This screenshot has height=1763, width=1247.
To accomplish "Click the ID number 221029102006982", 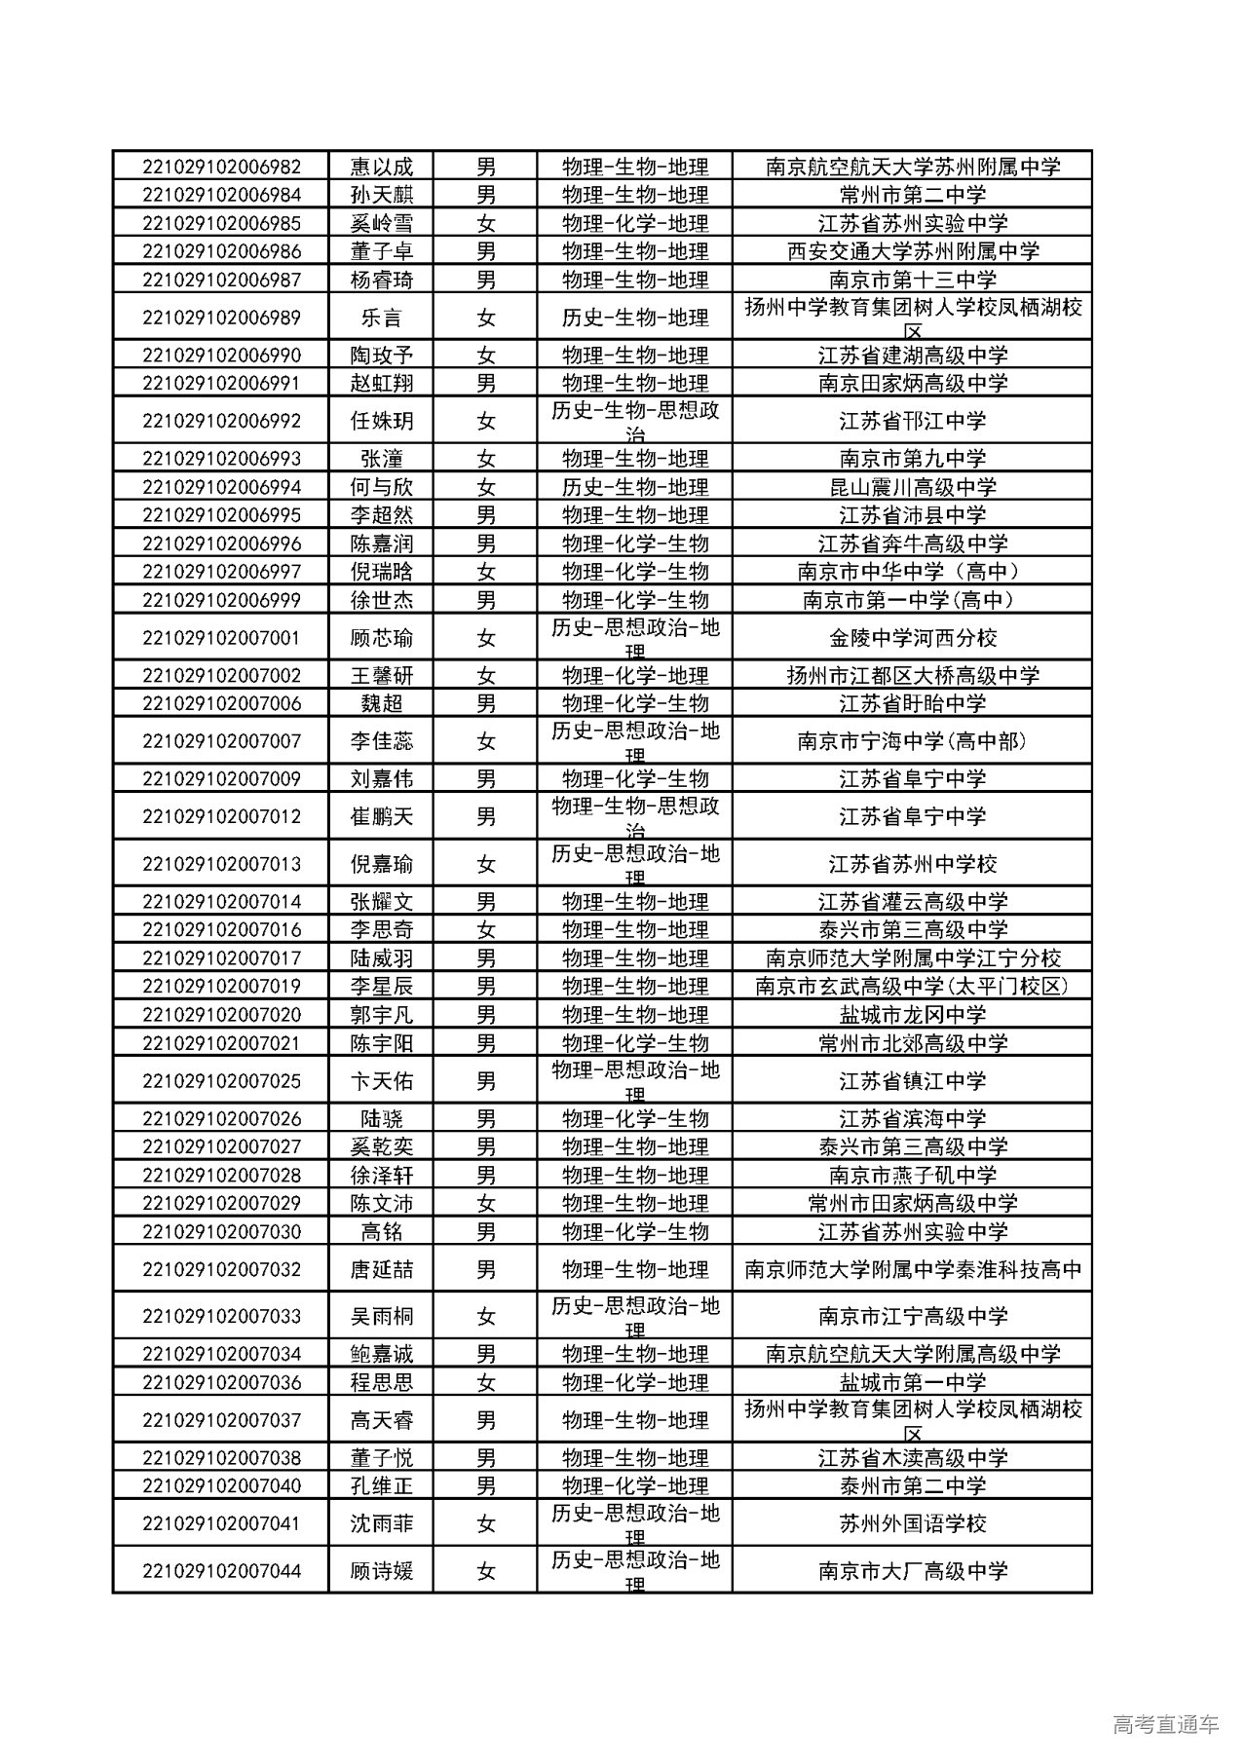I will (x=221, y=167).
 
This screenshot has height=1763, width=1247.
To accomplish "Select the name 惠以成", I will (x=381, y=167).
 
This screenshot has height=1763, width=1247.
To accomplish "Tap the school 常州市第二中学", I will (x=912, y=195).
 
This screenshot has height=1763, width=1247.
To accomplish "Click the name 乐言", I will (x=381, y=318).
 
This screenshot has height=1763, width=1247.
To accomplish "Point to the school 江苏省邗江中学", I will (x=912, y=422).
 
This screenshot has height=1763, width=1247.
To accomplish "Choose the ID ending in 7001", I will (x=221, y=638).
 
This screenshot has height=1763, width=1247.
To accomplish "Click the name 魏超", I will (x=381, y=703).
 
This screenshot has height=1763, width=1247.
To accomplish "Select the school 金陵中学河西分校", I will (x=912, y=638).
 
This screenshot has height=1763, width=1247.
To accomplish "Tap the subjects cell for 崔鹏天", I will (x=634, y=816).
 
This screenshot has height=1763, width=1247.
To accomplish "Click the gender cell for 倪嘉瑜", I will (x=485, y=864).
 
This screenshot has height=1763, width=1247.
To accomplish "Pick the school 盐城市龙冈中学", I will (x=912, y=1015).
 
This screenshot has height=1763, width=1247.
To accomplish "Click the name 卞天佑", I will (x=381, y=1081).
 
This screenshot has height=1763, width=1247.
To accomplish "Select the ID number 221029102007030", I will (x=221, y=1232).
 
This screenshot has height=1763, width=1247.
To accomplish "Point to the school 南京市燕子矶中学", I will (x=912, y=1176).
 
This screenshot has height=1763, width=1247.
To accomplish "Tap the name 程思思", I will (x=381, y=1382).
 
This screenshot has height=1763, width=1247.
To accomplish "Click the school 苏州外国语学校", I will (x=912, y=1523).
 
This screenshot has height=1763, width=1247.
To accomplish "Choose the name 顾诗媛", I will (x=381, y=1571).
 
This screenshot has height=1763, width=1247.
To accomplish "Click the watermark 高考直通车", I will (x=1164, y=1725).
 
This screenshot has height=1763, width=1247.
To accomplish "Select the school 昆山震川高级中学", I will (x=912, y=487).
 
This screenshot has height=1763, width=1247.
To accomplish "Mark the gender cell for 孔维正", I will (x=485, y=1486).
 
